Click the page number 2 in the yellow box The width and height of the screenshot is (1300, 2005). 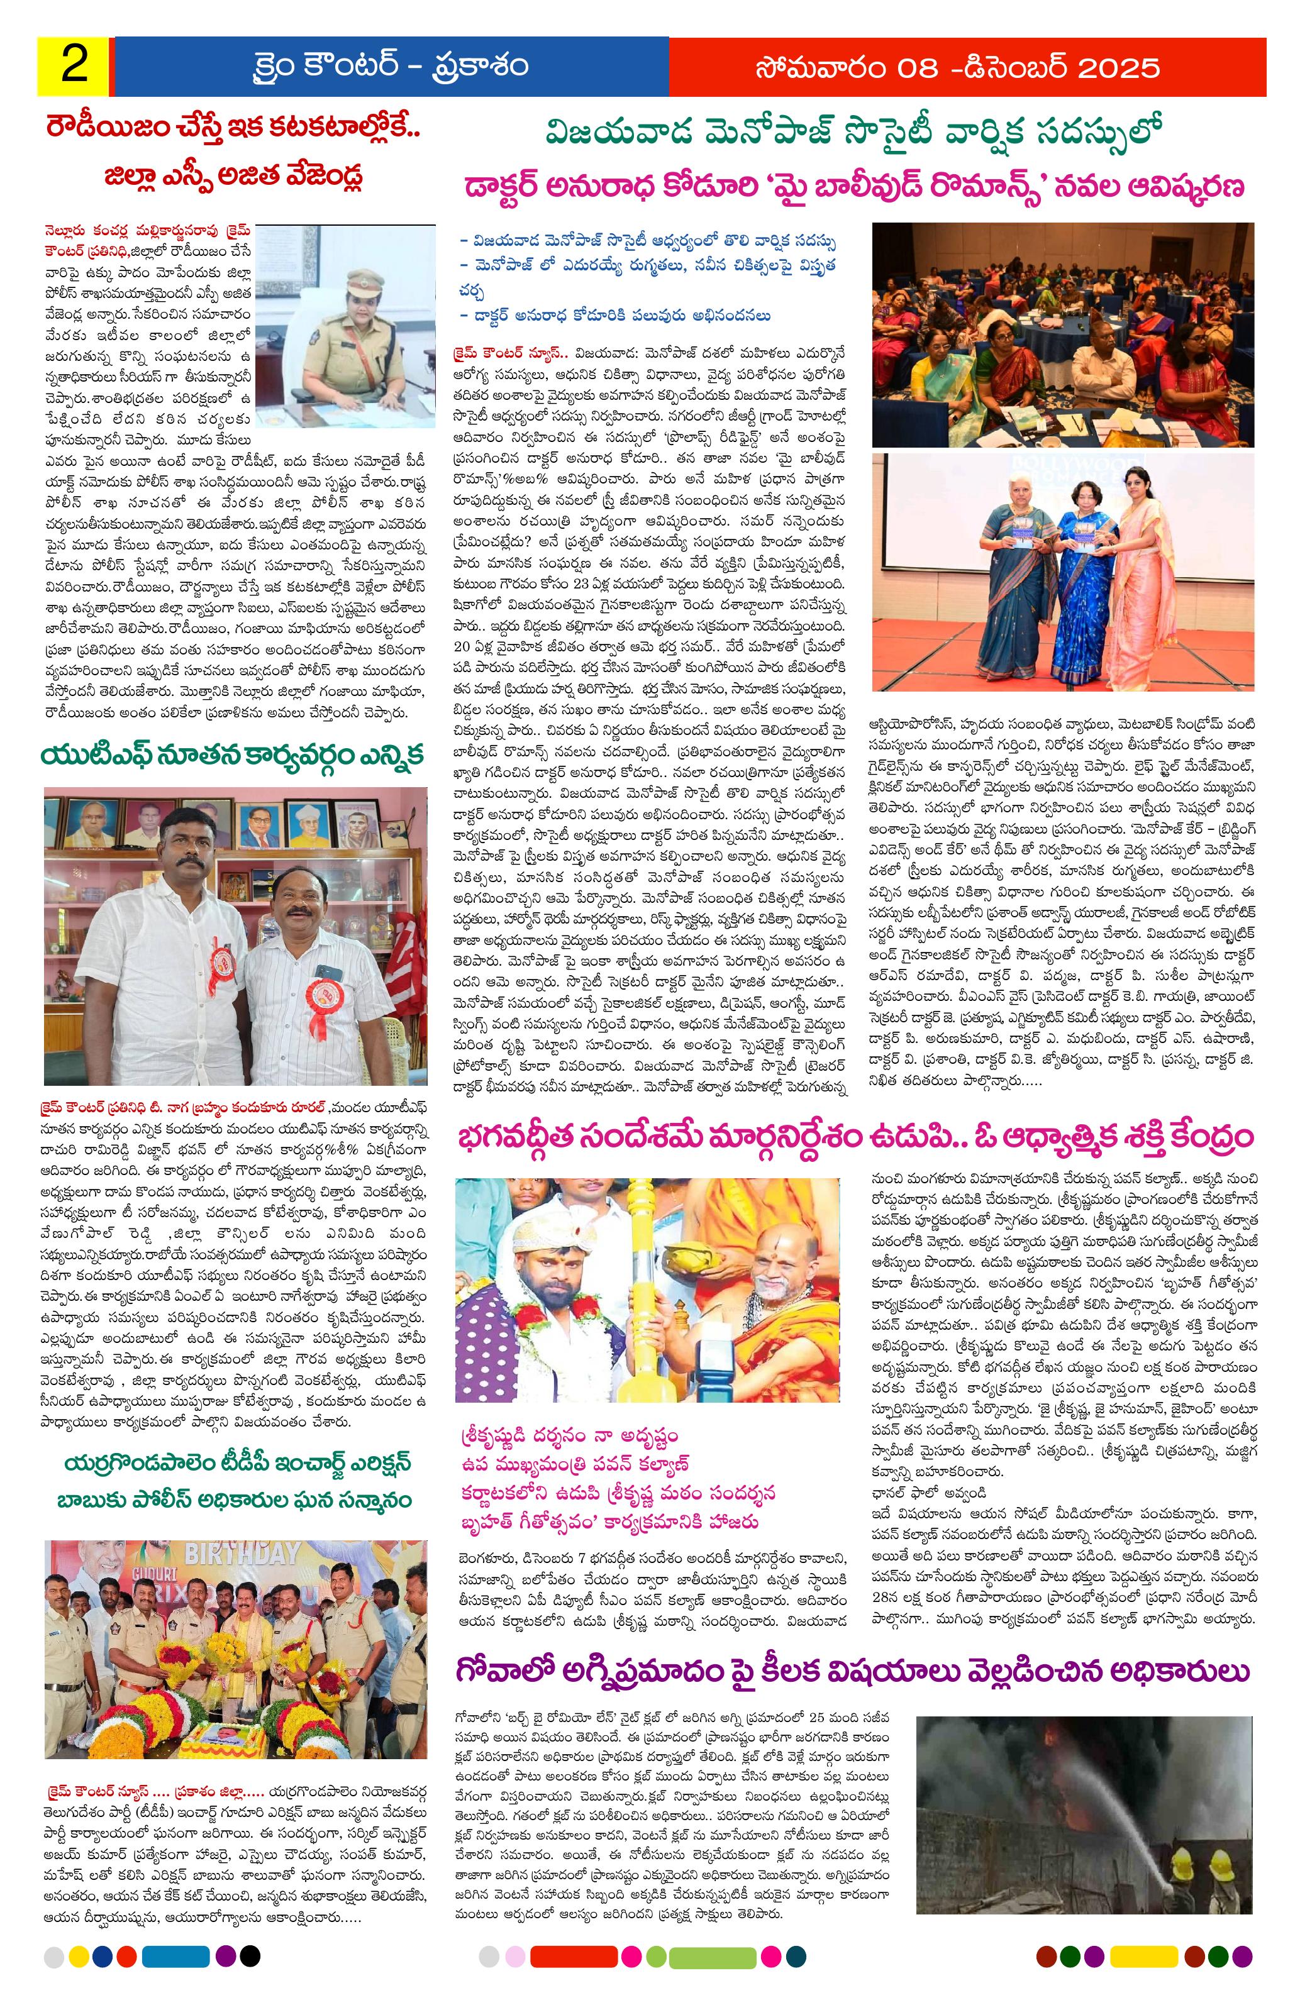pos(74,66)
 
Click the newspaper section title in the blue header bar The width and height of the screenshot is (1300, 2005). pos(391,66)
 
